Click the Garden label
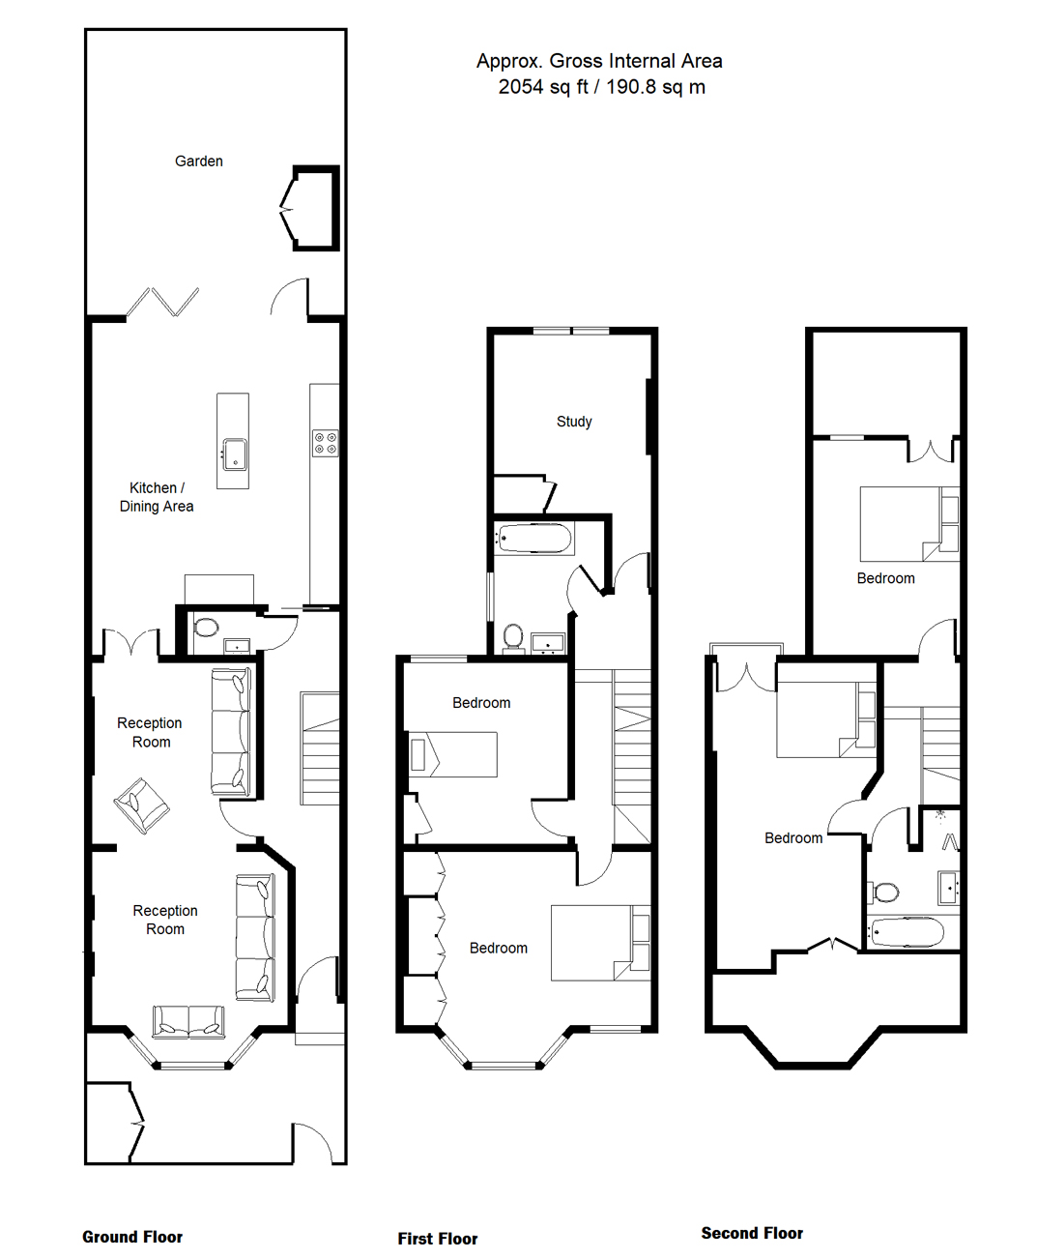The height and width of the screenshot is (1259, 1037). [199, 161]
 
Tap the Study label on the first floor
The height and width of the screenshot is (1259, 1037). [574, 422]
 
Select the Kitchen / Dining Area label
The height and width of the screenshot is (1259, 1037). [157, 497]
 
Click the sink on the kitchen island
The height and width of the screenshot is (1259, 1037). [234, 454]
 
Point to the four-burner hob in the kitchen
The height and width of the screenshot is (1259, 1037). [325, 443]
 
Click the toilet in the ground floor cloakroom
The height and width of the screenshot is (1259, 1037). [206, 628]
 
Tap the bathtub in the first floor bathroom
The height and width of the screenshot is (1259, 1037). [533, 538]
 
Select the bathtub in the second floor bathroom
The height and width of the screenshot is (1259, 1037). [907, 932]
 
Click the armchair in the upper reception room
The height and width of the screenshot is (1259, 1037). [142, 805]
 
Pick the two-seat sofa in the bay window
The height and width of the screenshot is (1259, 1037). [188, 1021]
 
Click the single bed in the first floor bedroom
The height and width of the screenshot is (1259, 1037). [453, 754]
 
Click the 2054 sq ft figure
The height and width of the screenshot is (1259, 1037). [543, 87]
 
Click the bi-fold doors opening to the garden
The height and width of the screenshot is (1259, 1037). [162, 302]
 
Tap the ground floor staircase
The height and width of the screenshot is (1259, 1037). [319, 748]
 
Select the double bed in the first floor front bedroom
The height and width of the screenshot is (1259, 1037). [601, 943]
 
